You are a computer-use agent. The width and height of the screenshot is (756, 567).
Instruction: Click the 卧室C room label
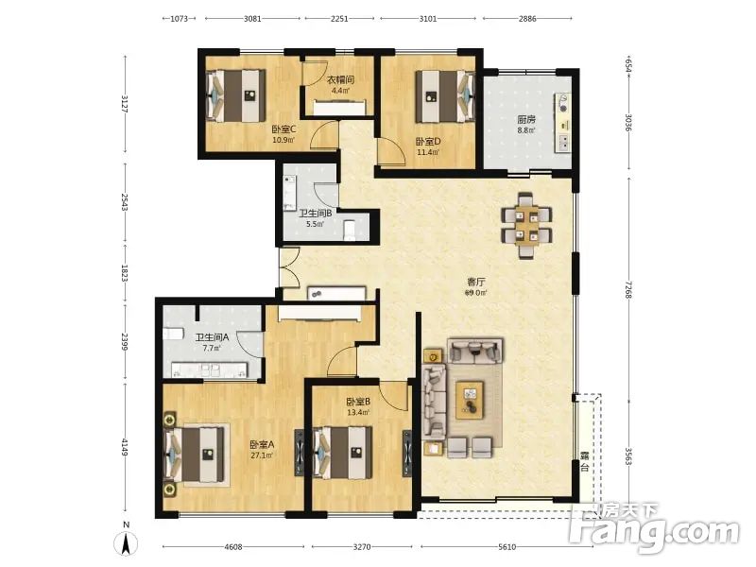[283, 129]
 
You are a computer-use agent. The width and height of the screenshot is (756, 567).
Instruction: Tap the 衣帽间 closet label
[341, 80]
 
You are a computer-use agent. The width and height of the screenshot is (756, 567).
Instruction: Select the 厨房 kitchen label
[526, 119]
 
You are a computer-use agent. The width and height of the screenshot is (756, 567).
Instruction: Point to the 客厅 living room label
[476, 282]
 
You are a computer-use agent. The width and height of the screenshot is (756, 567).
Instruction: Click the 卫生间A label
[212, 337]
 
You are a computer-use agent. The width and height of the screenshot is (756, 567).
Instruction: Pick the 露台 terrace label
[585, 461]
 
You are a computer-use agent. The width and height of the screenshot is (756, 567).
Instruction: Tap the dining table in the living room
[526, 226]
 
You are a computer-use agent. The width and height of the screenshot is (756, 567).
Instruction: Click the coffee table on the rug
[470, 400]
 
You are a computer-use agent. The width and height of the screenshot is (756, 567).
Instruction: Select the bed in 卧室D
[444, 97]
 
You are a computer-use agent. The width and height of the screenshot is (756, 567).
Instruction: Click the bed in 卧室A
[196, 455]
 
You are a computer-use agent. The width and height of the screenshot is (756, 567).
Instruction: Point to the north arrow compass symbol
[126, 541]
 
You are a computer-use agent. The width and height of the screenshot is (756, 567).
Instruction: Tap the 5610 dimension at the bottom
[507, 547]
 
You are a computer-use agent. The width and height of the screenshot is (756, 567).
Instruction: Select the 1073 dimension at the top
[179, 19]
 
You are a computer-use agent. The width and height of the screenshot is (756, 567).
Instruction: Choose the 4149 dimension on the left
[125, 447]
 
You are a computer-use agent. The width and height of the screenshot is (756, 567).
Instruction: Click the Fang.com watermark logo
[654, 529]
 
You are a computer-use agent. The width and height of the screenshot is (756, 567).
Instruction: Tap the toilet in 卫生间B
[349, 231]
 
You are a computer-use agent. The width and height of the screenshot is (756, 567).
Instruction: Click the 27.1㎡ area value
[262, 455]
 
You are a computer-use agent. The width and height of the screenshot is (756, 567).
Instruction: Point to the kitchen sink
[562, 103]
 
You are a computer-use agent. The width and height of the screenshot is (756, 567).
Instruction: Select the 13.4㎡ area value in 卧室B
[358, 412]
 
